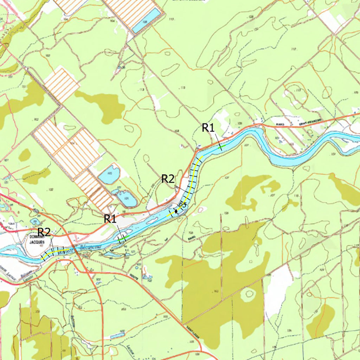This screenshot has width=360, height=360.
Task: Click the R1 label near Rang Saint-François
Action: click(x=208, y=128)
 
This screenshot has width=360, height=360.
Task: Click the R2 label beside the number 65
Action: click(x=168, y=179)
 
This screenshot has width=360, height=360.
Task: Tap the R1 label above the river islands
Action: click(x=110, y=219)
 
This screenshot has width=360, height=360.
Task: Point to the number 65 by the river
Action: click(x=182, y=204)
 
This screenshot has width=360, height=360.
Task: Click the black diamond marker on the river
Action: click(x=176, y=212)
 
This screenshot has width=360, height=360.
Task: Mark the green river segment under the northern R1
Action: click(x=221, y=147)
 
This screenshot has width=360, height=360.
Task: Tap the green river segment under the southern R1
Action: click(x=123, y=239)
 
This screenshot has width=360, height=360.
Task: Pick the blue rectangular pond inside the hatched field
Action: click(x=146, y=20)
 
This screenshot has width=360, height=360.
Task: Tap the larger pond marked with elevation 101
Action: click(x=126, y=199)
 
